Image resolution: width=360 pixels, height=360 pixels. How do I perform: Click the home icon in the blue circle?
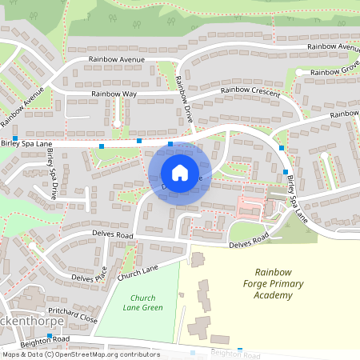pyautogui.click(x=180, y=173)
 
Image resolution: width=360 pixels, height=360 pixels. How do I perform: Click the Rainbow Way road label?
pyautogui.click(x=114, y=94)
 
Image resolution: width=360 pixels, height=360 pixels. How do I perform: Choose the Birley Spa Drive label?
pyautogui.click(x=51, y=174)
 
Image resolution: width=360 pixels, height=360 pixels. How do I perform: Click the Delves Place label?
pyautogui.click(x=90, y=278)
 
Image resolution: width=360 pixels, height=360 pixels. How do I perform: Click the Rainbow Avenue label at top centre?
pyautogui.click(x=117, y=60)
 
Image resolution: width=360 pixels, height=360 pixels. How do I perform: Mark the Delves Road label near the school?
pyautogui.click(x=248, y=241)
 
